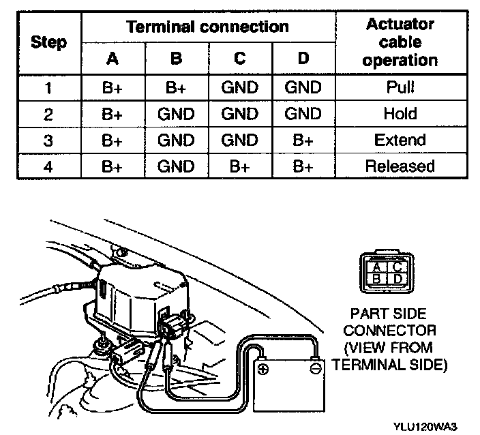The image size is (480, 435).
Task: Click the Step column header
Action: pyautogui.click(x=49, y=42)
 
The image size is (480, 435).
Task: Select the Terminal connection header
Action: pyautogui.click(x=208, y=27)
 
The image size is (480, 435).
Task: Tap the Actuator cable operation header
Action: pyautogui.click(x=400, y=42)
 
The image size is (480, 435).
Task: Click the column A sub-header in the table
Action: pyautogui.click(x=113, y=59)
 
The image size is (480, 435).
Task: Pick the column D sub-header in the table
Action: pyautogui.click(x=303, y=59)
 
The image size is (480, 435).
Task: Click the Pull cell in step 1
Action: pyautogui.click(x=400, y=87)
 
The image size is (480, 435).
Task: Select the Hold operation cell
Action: pyautogui.click(x=400, y=113)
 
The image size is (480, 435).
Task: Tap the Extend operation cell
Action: pyautogui.click(x=400, y=140)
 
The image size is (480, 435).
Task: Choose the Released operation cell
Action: pyautogui.click(x=400, y=166)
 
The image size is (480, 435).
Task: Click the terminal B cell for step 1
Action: pyautogui.click(x=176, y=87)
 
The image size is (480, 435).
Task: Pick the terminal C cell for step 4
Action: pyautogui.click(x=239, y=166)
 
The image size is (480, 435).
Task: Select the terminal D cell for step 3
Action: pyautogui.click(x=303, y=140)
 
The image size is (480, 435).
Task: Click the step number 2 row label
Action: pyautogui.click(x=48, y=113)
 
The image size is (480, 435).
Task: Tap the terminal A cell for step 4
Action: pyautogui.click(x=113, y=166)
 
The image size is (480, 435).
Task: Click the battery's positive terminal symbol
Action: pyautogui.click(x=264, y=370)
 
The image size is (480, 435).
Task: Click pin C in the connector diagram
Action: pyautogui.click(x=386, y=267)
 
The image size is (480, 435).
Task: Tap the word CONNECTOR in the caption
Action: pyautogui.click(x=389, y=331)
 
